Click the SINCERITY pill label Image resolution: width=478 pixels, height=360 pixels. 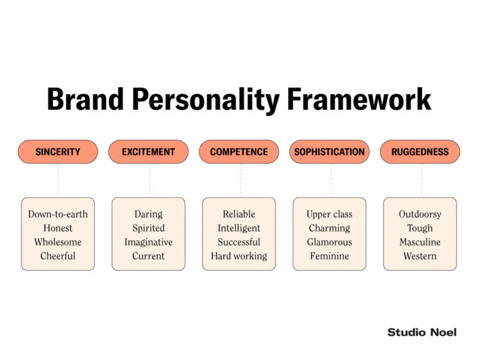coord(58,152)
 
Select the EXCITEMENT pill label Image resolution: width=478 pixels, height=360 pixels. coord(148,152)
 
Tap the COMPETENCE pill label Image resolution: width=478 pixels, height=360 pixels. coord(239,152)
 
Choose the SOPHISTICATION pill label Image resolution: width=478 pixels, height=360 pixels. coord(329,152)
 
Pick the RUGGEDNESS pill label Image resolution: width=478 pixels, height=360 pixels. coord(420,152)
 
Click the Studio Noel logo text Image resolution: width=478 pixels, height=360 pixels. coord(421,332)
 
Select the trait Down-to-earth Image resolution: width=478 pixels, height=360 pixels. coord(58,214)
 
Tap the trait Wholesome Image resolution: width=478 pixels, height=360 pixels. coord(58,242)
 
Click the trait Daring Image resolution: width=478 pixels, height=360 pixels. coord(148,214)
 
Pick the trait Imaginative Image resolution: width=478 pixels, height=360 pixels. coord(148,242)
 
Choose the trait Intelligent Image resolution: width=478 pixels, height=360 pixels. coord(239,228)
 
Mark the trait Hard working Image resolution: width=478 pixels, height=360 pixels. coord(239,256)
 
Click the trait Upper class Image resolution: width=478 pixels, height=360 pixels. coord(329,214)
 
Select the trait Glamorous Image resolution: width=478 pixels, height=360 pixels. coord(329,242)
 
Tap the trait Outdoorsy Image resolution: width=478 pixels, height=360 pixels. coord(420,214)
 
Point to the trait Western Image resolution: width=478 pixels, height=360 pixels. coord(420,256)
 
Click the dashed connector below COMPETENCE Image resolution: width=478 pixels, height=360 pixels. coord(240,180)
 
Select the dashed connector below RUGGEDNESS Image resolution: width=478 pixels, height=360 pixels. coord(421,180)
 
